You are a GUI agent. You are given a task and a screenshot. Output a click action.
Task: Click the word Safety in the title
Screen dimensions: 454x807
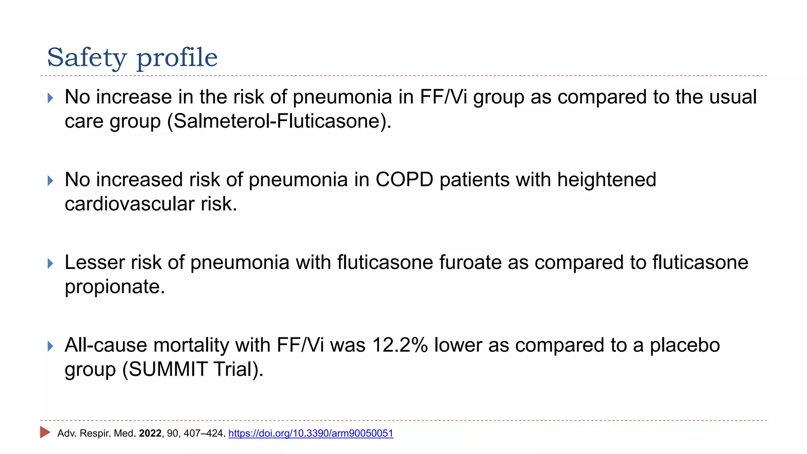[x=86, y=58]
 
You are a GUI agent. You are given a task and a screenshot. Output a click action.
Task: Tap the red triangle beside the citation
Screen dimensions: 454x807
[x=45, y=432]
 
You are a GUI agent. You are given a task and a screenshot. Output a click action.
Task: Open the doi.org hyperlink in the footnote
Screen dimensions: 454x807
[x=311, y=434]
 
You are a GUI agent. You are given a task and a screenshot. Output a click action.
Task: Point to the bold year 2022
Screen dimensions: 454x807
[x=150, y=434]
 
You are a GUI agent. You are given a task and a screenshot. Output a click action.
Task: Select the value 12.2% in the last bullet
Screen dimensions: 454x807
[x=400, y=345]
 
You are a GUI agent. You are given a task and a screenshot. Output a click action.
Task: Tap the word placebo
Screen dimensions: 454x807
[x=684, y=345]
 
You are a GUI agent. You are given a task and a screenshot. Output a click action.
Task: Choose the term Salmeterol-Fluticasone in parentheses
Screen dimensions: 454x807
[x=277, y=121]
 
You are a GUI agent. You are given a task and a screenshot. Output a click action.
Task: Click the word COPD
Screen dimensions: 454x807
[x=404, y=180]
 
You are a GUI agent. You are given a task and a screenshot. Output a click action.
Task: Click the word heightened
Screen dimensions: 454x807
[x=606, y=180]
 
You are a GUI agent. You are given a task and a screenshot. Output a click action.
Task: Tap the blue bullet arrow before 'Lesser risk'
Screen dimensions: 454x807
[x=50, y=263]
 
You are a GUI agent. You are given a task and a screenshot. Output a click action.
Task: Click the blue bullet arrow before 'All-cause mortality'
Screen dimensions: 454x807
[x=50, y=346]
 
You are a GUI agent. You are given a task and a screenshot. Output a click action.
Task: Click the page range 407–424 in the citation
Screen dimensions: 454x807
[x=203, y=434]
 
